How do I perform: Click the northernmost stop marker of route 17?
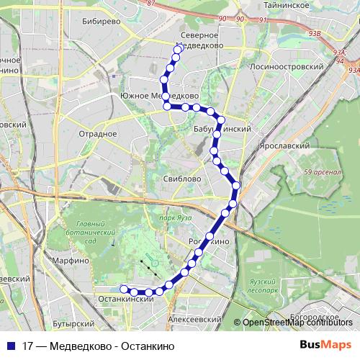pyautogui.click(x=179, y=50)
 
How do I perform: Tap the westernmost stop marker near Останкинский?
pyautogui.click(x=123, y=289)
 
